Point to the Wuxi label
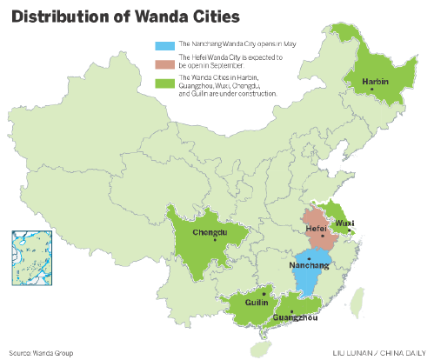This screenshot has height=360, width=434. click(x=346, y=223)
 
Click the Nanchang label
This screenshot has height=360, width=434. click(x=309, y=264)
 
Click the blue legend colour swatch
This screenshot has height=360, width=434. click(x=162, y=43)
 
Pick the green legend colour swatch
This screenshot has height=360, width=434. click(x=162, y=83)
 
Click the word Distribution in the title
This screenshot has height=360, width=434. click(x=61, y=16)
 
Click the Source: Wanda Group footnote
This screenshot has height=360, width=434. click(x=40, y=353)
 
